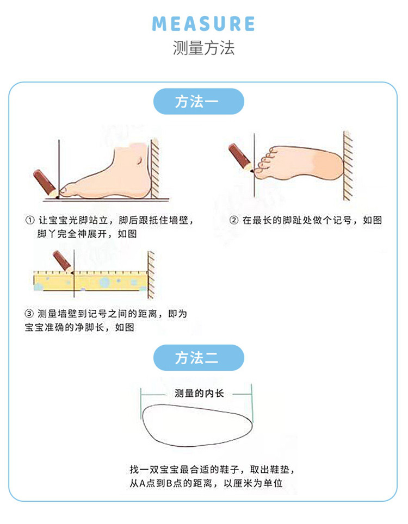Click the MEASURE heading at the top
coord(203,24)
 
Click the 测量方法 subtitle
coord(203,48)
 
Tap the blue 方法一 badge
coord(199,101)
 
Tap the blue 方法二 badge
coord(199,358)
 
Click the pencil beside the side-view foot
coord(46,183)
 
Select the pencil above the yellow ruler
coord(63,261)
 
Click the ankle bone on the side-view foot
coord(139,160)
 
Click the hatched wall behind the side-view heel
coord(155,169)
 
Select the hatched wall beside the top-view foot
coord(348,166)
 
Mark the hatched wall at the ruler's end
coord(151,275)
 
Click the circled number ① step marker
coord(30,220)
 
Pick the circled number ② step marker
coord(234,220)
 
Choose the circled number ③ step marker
coord(29,314)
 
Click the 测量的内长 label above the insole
coord(199,394)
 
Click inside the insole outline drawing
coord(197,425)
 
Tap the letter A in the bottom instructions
coord(142,483)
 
